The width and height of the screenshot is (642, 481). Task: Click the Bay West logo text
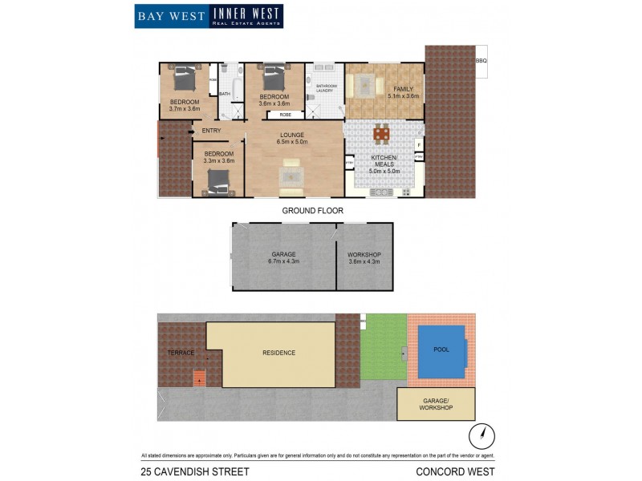pos(171,16)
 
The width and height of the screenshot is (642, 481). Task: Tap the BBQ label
pos(481,61)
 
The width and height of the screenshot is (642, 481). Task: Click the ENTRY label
pos(212,131)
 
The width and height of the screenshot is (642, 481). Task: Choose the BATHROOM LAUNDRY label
pos(326,88)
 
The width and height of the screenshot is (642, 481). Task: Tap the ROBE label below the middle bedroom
pos(286,115)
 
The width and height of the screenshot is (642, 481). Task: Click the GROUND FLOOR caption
pos(312,211)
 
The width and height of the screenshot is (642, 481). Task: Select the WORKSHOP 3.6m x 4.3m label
pos(364,258)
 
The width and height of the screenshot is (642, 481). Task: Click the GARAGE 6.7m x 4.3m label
pos(283,258)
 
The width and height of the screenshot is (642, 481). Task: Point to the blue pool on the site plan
pos(441,351)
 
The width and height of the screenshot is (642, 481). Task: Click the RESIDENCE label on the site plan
pos(278,353)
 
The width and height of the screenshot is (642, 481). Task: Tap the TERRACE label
pos(181,353)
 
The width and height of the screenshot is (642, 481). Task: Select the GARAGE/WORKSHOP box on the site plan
pos(436,404)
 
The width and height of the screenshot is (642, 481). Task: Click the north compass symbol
pos(482,436)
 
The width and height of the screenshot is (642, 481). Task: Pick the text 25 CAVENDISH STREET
pos(195,471)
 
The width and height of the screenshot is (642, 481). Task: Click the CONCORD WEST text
pos(455,471)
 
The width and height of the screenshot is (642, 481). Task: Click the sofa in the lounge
pos(291,172)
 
